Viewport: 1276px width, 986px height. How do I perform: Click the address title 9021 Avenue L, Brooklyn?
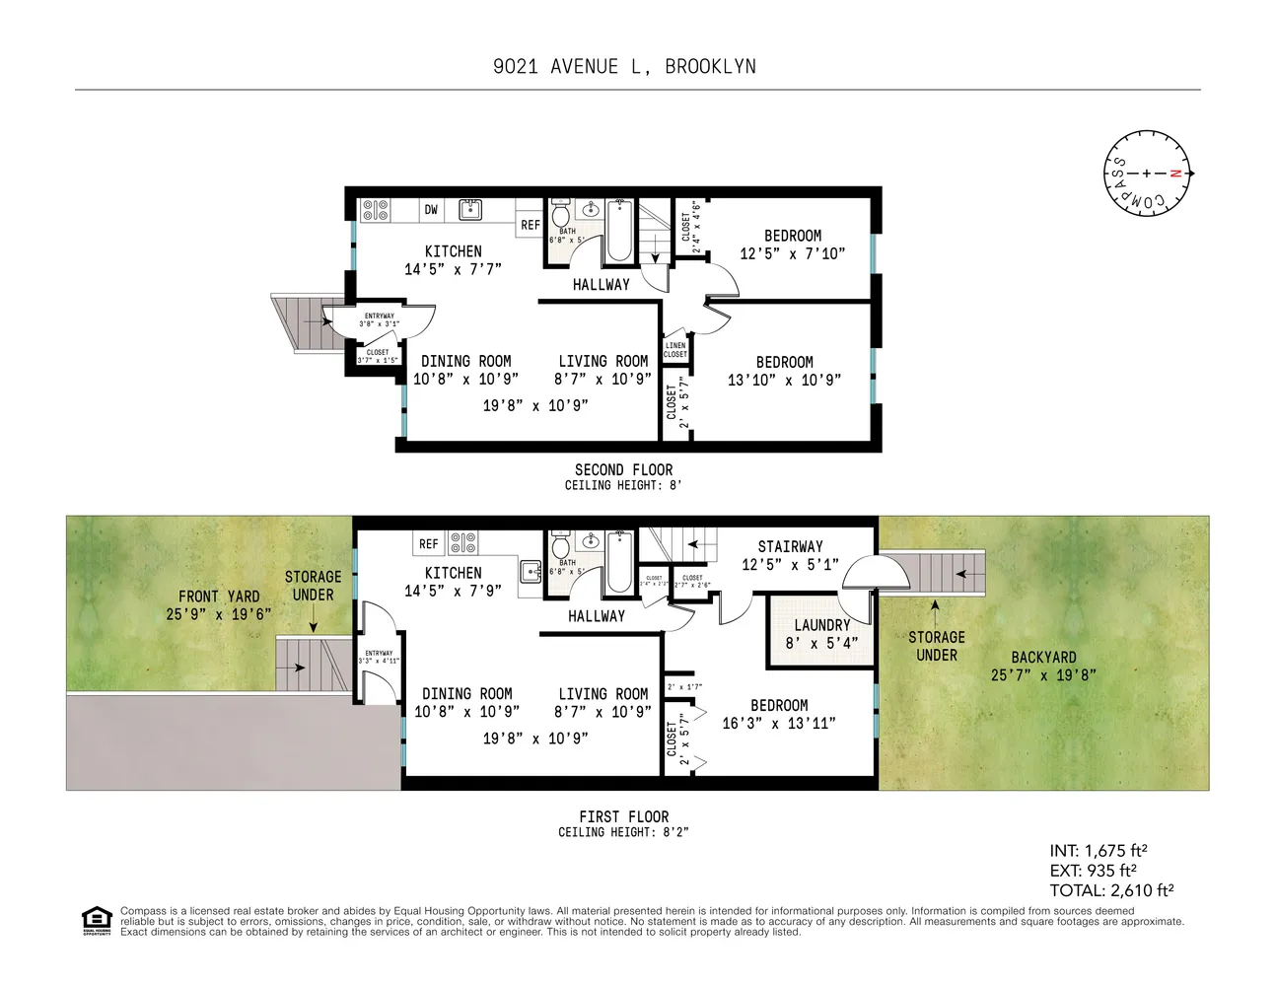pyautogui.click(x=624, y=67)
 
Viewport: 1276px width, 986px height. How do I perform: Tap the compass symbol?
pyautogui.click(x=1147, y=174)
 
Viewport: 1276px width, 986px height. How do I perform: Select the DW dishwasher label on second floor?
pyautogui.click(x=431, y=210)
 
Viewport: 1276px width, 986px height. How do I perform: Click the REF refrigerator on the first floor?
pyautogui.click(x=428, y=544)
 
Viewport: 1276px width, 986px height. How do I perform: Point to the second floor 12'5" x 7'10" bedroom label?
pyautogui.click(x=792, y=245)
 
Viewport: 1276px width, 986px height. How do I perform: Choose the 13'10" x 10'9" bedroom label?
pyautogui.click(x=784, y=371)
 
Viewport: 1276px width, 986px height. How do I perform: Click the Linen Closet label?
pyautogui.click(x=675, y=350)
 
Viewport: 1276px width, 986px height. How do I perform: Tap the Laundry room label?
pyautogui.click(x=821, y=633)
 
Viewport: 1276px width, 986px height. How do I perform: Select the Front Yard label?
pyautogui.click(x=219, y=604)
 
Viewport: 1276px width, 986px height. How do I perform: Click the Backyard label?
pyautogui.click(x=1043, y=666)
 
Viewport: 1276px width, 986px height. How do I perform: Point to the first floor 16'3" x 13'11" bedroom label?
pyautogui.click(x=779, y=714)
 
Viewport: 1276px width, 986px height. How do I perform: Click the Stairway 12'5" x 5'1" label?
pyautogui.click(x=790, y=555)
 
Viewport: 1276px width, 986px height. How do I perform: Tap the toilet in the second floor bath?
pyautogui.click(x=560, y=214)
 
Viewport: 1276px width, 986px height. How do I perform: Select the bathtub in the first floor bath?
pyautogui.click(x=619, y=563)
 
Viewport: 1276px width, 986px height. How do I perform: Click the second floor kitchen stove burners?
pyautogui.click(x=375, y=210)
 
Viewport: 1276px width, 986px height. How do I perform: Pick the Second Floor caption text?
pyautogui.click(x=623, y=470)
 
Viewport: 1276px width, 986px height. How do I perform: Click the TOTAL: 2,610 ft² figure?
pyautogui.click(x=1111, y=890)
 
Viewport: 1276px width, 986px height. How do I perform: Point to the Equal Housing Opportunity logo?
pyautogui.click(x=96, y=921)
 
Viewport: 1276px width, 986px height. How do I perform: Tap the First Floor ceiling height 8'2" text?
pyautogui.click(x=623, y=832)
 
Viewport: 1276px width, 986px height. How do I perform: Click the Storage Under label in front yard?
pyautogui.click(x=313, y=586)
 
